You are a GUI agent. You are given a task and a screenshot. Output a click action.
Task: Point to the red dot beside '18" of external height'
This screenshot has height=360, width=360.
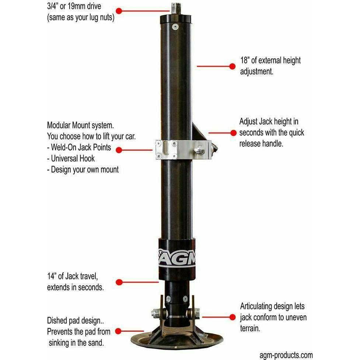(x=232, y=66)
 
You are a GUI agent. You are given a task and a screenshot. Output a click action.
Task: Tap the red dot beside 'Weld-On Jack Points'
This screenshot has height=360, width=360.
(x=119, y=150)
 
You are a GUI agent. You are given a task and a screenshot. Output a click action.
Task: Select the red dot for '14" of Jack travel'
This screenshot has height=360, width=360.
(x=119, y=282)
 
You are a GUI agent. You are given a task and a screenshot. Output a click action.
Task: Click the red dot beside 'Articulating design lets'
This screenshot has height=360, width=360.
(x=233, y=317)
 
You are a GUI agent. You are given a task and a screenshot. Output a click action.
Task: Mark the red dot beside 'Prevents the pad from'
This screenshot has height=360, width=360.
(x=118, y=332)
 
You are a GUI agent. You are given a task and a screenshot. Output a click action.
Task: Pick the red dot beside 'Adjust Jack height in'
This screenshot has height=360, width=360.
(x=233, y=133)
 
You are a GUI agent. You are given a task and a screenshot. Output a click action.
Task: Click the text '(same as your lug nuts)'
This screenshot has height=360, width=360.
(x=80, y=17)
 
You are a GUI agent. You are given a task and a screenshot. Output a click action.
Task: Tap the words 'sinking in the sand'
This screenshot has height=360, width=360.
(x=76, y=342)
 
